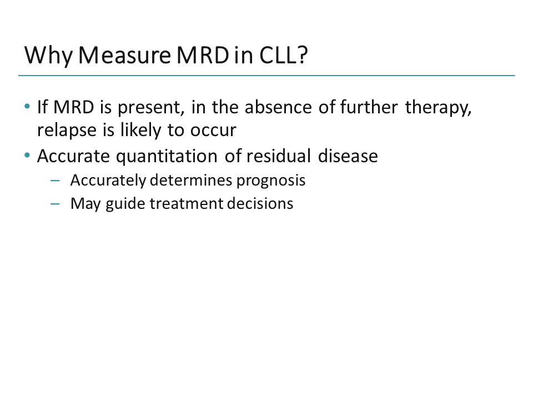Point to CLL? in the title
pos(283,56)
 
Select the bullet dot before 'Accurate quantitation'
pos(28,156)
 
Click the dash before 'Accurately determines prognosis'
pos(54,181)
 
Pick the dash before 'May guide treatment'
pos(54,204)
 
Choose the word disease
pos(348,156)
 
